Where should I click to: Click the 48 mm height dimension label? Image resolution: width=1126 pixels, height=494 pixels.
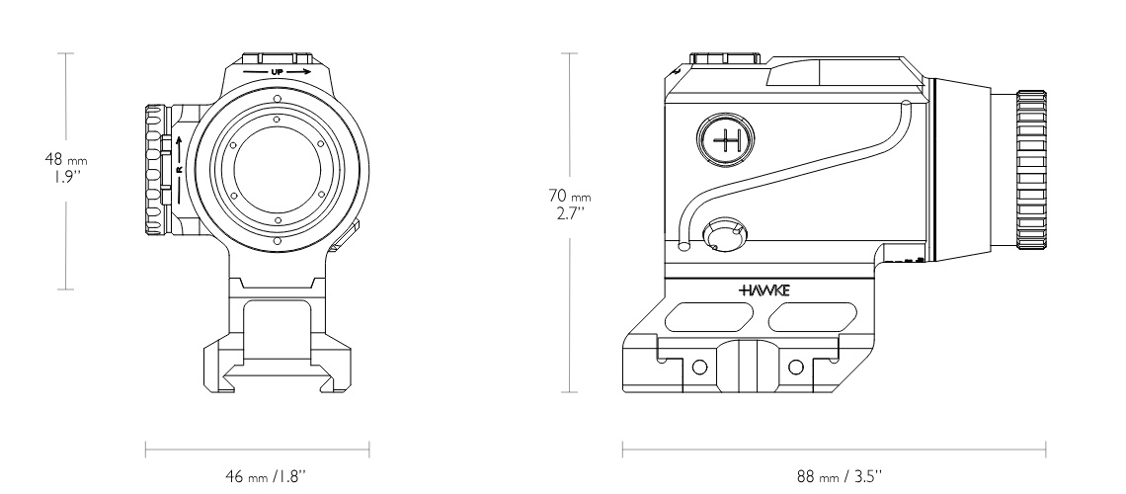click(66, 168)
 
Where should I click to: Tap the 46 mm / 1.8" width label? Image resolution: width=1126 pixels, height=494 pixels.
click(266, 475)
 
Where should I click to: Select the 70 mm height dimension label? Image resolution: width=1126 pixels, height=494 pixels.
click(570, 204)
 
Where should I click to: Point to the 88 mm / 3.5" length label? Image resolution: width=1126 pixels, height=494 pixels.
click(839, 475)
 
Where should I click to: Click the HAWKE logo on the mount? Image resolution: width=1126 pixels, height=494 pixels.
click(764, 290)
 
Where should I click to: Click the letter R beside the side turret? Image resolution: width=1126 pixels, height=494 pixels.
click(179, 170)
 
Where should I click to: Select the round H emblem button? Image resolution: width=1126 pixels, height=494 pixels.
click(725, 140)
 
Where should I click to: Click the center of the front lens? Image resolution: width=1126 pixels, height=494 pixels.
click(278, 170)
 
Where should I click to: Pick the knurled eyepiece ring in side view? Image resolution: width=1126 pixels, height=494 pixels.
click(1030, 170)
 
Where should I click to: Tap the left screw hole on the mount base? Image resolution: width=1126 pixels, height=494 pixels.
click(699, 368)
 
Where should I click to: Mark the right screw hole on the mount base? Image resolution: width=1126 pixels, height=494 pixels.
click(796, 368)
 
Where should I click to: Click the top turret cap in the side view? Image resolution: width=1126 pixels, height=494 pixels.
click(725, 59)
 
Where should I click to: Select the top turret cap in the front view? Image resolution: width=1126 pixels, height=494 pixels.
click(278, 59)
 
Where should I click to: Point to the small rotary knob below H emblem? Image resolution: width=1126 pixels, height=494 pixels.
click(724, 235)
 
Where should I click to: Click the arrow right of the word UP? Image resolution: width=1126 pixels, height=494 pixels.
click(298, 72)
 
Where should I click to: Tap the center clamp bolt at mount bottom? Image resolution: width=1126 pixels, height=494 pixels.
click(749, 367)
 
